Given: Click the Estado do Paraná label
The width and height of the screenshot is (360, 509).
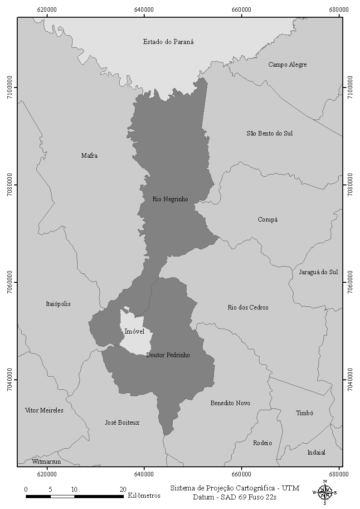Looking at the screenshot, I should [x=168, y=42].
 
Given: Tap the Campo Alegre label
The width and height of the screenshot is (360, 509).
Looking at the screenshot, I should [x=287, y=65].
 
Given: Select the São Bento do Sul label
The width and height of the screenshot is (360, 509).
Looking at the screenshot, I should [x=269, y=133].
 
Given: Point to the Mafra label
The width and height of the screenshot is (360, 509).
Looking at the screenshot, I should [x=89, y=156].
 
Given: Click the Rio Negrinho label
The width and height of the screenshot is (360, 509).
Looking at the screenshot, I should [x=170, y=199].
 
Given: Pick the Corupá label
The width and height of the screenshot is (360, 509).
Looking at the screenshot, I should [x=268, y=220].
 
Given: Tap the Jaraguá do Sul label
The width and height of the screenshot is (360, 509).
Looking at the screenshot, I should [x=318, y=272].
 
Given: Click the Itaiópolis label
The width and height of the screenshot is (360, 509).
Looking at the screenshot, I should [x=58, y=304].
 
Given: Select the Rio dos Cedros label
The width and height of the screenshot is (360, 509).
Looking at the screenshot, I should [x=248, y=308].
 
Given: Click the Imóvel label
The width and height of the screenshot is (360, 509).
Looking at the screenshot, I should [x=134, y=332].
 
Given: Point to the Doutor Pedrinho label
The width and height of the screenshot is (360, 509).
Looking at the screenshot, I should [x=168, y=355].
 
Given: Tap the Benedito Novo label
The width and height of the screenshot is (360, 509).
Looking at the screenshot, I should [x=230, y=403].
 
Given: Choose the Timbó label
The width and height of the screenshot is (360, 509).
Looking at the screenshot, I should [x=304, y=413].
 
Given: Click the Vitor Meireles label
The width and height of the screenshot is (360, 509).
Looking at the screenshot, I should [x=44, y=411].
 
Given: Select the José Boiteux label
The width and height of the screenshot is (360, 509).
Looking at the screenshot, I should [x=122, y=423].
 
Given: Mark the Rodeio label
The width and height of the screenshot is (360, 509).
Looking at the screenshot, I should [x=263, y=443].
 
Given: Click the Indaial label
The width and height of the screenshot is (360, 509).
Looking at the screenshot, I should [x=316, y=452].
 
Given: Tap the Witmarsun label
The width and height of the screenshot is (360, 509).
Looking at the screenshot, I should [x=46, y=462].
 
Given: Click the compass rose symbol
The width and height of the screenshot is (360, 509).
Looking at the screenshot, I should [x=325, y=492].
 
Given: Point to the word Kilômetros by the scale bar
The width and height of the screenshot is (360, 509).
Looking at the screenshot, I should [x=144, y=495].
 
